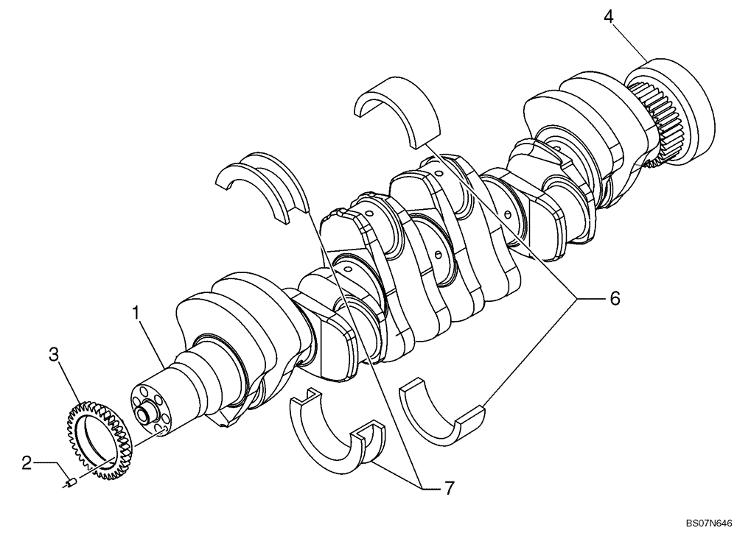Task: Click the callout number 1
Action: (135, 312)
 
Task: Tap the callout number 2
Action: (27, 463)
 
